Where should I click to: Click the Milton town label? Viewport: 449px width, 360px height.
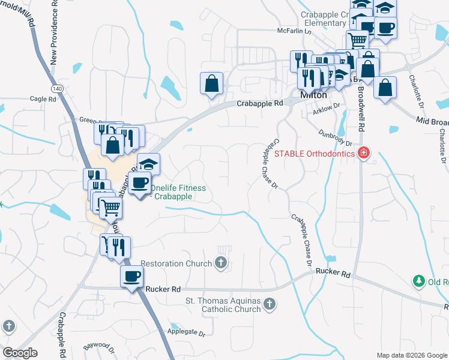tap(313, 95)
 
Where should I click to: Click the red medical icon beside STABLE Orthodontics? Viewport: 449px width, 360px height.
tap(363, 154)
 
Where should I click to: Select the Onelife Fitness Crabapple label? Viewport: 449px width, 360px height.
tap(178, 192)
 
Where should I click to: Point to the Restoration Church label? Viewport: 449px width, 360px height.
tap(176, 263)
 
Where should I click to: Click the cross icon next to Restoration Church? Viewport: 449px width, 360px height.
tap(221, 262)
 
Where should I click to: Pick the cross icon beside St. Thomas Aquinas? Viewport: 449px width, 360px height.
tap(270, 305)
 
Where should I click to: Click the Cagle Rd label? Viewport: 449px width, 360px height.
tap(42, 98)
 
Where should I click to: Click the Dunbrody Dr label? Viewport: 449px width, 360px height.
tap(336, 139)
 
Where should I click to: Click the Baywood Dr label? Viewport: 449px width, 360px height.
tap(99, 346)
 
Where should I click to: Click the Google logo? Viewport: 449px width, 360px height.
tap(20, 353)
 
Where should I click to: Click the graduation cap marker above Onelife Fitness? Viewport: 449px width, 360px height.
tap(148, 164)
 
